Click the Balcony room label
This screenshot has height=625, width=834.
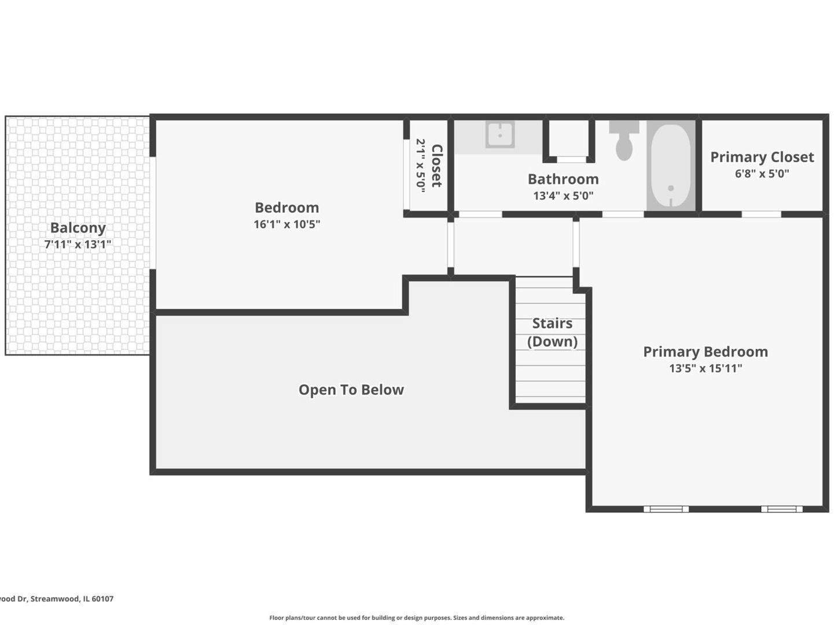pos(78,228)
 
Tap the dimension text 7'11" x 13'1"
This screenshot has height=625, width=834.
pos(78,244)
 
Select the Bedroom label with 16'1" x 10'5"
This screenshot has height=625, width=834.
pos(287,207)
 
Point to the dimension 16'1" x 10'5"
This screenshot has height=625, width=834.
pos(287,224)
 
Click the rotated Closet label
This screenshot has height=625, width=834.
pos(436,166)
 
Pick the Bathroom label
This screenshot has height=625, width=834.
pos(563,179)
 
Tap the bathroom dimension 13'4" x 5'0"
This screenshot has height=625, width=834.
pos(563,196)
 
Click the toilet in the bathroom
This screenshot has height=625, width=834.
pos(624,140)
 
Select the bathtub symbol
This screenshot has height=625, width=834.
pos(671,166)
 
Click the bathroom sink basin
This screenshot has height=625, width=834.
pos(500,134)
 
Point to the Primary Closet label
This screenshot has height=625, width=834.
pos(762,157)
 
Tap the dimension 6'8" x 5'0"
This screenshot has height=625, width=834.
pos(762,174)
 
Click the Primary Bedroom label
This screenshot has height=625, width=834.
pos(706,351)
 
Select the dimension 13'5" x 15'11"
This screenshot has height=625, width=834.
pos(706,368)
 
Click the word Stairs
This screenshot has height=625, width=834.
pos(552,323)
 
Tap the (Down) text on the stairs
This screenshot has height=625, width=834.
pos(552,341)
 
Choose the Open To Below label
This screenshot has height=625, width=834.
pos(351,390)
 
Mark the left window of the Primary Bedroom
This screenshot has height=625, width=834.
pos(666,509)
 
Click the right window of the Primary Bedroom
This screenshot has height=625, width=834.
pos(781,509)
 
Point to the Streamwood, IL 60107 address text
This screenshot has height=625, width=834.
pos(72,599)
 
